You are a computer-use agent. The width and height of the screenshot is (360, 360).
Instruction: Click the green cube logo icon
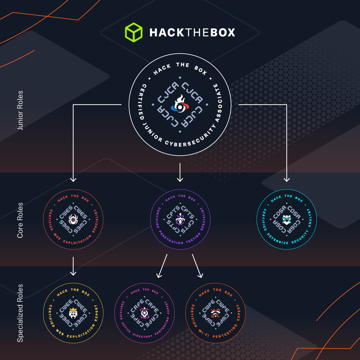133,32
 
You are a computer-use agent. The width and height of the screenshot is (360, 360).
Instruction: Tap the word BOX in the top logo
223,33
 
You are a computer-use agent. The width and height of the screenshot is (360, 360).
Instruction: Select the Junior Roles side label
20,110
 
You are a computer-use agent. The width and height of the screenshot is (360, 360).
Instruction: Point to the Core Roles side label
20,220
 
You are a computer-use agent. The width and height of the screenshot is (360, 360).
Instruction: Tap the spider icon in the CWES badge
73,219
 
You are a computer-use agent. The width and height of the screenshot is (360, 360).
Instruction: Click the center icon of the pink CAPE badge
144,313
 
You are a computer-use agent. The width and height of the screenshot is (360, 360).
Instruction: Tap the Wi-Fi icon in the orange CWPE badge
215,313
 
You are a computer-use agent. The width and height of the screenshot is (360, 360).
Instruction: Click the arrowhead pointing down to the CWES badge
73,179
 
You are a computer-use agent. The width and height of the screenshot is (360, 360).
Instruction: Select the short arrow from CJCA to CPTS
180,173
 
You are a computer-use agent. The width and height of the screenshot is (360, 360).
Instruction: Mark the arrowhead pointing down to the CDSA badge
287,179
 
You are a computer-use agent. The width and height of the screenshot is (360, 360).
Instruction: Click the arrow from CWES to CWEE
73,266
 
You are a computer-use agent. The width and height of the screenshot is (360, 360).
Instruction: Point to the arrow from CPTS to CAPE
162,266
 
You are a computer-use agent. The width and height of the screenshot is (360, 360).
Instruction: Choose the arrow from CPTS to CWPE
197,266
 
